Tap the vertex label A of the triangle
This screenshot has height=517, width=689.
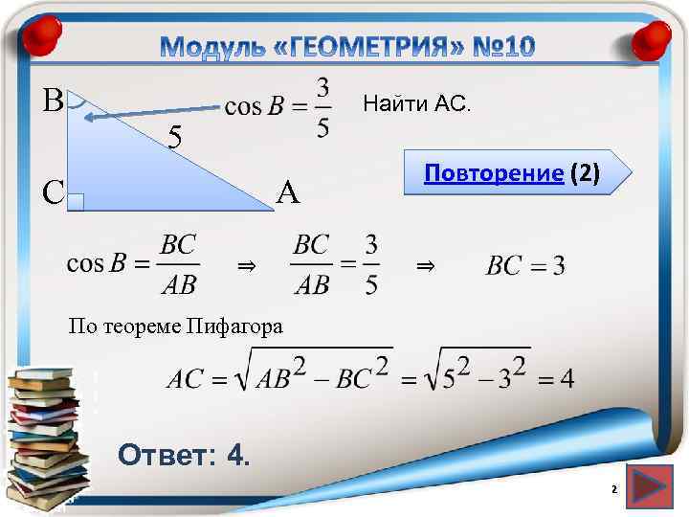pyautogui.click(x=288, y=194)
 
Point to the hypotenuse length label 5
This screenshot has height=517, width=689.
pyautogui.click(x=175, y=139)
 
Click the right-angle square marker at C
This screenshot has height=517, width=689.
pyautogui.click(x=78, y=202)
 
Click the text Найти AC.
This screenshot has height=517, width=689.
pyautogui.click(x=416, y=104)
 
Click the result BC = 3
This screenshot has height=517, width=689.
pyautogui.click(x=525, y=265)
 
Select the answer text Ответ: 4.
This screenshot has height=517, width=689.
pyautogui.click(x=184, y=455)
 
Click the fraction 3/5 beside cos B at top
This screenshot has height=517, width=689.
pyautogui.click(x=323, y=107)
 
